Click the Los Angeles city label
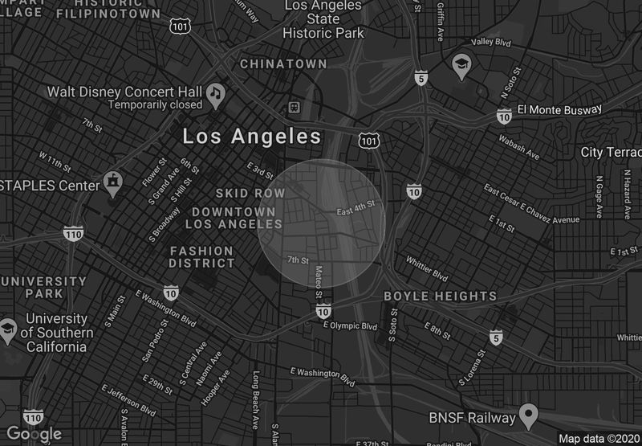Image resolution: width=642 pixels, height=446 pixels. [x=252, y=137]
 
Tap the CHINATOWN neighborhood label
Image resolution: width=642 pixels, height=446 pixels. [x=283, y=63]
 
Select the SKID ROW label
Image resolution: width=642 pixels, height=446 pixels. [x=250, y=194]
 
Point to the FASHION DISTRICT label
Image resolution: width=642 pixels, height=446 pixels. [x=201, y=257]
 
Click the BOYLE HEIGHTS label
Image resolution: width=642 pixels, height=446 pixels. [x=440, y=297]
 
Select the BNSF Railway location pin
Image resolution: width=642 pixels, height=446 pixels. [x=527, y=415]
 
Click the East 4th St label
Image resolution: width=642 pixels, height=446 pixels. [x=356, y=208]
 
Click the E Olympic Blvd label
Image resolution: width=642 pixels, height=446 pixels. [x=349, y=326]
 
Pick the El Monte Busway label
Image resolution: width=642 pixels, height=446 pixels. [x=559, y=109]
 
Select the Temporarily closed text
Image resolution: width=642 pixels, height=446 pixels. [x=156, y=104]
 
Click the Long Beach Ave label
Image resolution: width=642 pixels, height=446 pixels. [x=256, y=399]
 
